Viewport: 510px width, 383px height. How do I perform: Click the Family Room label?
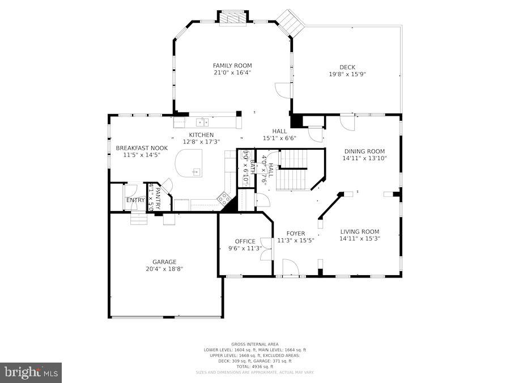coord(232,66)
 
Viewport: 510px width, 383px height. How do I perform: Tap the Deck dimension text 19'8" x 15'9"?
coord(347,74)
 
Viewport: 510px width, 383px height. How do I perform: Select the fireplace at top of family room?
coord(233,18)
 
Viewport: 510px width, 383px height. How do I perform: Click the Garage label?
coord(164,262)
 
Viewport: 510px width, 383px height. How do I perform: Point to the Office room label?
coord(245,241)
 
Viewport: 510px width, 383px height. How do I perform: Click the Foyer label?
coord(295,233)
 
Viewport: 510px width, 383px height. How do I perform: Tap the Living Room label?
coord(359,232)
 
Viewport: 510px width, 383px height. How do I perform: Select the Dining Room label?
coord(364,151)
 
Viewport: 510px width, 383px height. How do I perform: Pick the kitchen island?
coord(188,163)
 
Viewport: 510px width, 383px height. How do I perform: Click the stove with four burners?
coord(224,198)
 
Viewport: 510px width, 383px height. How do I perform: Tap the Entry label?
coord(135,200)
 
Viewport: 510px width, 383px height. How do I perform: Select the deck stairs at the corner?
coord(291,22)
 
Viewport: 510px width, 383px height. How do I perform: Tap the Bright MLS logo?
coord(31,373)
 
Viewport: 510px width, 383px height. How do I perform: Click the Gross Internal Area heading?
coord(254,344)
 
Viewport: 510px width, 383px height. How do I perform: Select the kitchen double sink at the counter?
coord(202,122)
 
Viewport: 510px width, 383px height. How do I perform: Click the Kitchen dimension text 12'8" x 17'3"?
coord(201,142)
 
